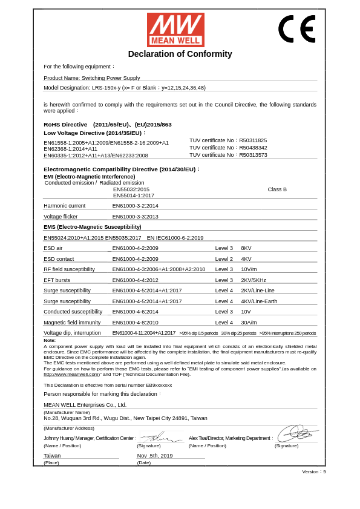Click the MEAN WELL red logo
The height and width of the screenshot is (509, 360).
click(x=175, y=30)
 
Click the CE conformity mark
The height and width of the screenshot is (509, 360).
click(x=296, y=29)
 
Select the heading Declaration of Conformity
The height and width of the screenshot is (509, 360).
click(x=180, y=54)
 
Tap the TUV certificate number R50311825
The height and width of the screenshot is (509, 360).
click(x=253, y=140)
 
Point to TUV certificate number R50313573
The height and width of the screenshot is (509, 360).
click(x=253, y=155)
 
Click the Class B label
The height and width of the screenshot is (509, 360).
click(x=277, y=189)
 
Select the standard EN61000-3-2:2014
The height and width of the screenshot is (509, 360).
click(x=135, y=206)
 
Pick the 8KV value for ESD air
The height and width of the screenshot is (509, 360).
click(x=246, y=248)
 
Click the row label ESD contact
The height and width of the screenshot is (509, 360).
click(x=59, y=259)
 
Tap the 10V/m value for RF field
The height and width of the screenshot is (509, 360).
click(x=249, y=269)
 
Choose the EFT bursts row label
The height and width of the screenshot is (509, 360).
click(x=57, y=280)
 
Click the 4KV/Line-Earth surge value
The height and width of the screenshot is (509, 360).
click(x=259, y=301)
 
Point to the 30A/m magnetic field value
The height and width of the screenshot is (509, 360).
click(x=249, y=323)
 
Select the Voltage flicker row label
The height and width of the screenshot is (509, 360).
click(x=61, y=217)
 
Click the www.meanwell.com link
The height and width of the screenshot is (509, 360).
click(x=71, y=374)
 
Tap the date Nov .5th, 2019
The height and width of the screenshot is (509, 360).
click(x=155, y=456)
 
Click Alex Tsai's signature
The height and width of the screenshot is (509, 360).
click(x=296, y=434)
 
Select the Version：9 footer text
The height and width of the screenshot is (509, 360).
click(x=314, y=471)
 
